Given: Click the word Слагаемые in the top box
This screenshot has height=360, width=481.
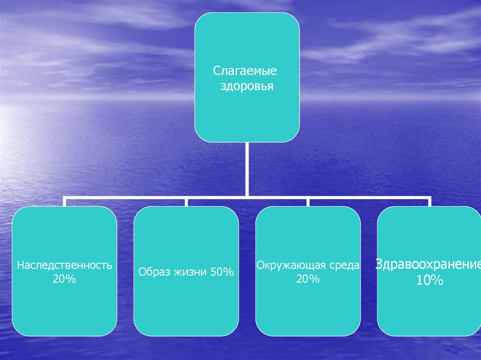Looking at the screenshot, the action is pyautogui.click(x=245, y=72).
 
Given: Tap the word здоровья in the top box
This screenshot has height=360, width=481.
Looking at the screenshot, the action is pyautogui.click(x=247, y=87).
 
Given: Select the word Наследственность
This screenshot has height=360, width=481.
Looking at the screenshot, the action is pyautogui.click(x=65, y=265).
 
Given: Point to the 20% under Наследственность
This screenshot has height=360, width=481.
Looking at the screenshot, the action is pyautogui.click(x=65, y=279).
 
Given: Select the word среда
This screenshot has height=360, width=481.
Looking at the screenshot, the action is pyautogui.click(x=344, y=266).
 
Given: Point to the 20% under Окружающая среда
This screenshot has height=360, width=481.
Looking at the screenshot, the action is pyautogui.click(x=308, y=279).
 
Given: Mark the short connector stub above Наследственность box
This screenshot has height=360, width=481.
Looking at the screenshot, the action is pyautogui.click(x=65, y=202).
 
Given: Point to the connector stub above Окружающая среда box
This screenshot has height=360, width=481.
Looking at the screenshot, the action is pyautogui.click(x=308, y=202).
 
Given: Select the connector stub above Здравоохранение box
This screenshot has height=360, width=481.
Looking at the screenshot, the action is pyautogui.click(x=429, y=202).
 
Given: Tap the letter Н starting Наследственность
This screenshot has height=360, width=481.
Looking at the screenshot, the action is pyautogui.click(x=20, y=265).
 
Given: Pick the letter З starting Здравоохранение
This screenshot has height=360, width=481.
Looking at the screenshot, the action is pyautogui.click(x=378, y=264).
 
